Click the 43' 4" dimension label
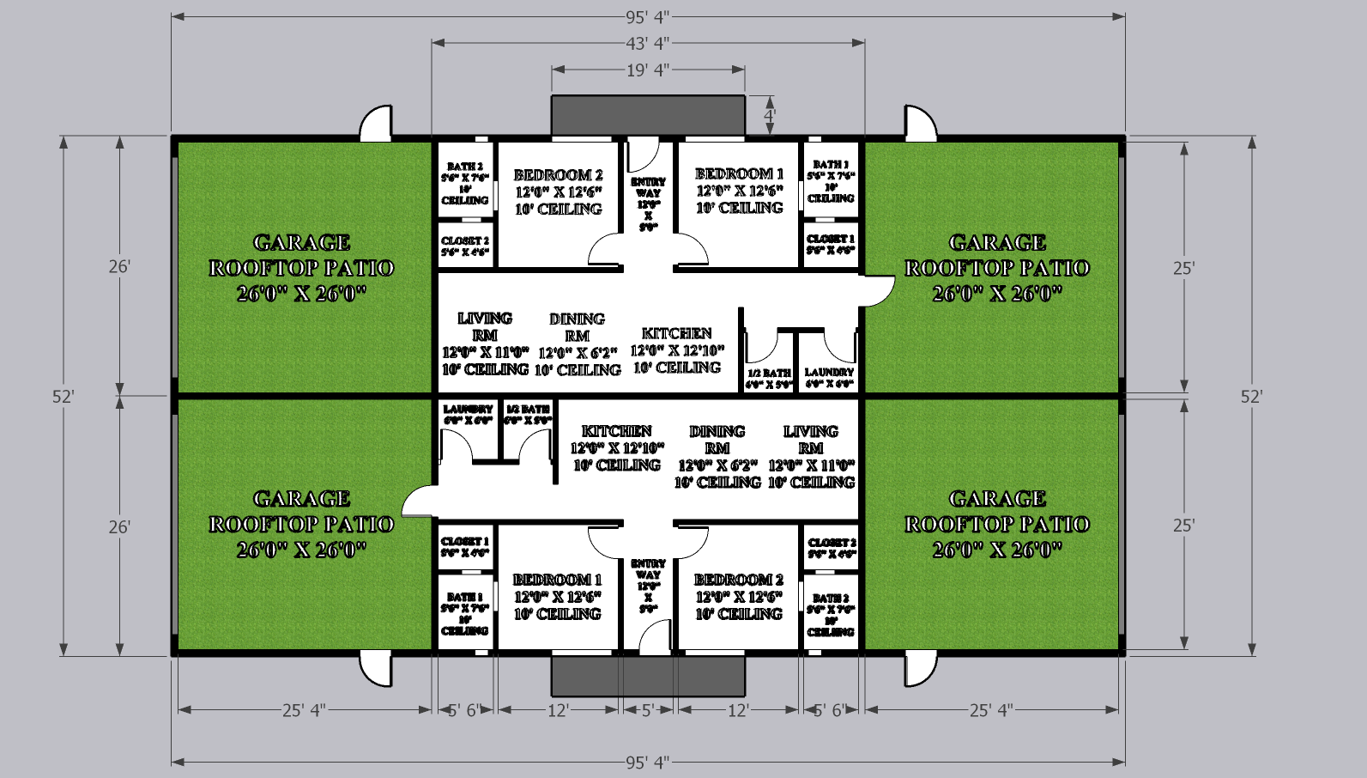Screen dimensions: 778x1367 pos(647,43)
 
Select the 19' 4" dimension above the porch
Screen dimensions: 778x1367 pos(647,70)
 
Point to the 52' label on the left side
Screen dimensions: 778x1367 pos(63,396)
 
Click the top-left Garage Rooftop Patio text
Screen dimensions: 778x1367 pos(302,267)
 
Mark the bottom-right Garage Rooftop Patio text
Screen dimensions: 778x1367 pos(997,524)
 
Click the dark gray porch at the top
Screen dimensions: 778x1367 pos(648,115)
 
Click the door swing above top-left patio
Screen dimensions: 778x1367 pos(376,125)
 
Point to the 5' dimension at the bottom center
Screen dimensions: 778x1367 pos(648,710)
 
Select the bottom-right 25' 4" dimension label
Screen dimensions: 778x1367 pos(991,710)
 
